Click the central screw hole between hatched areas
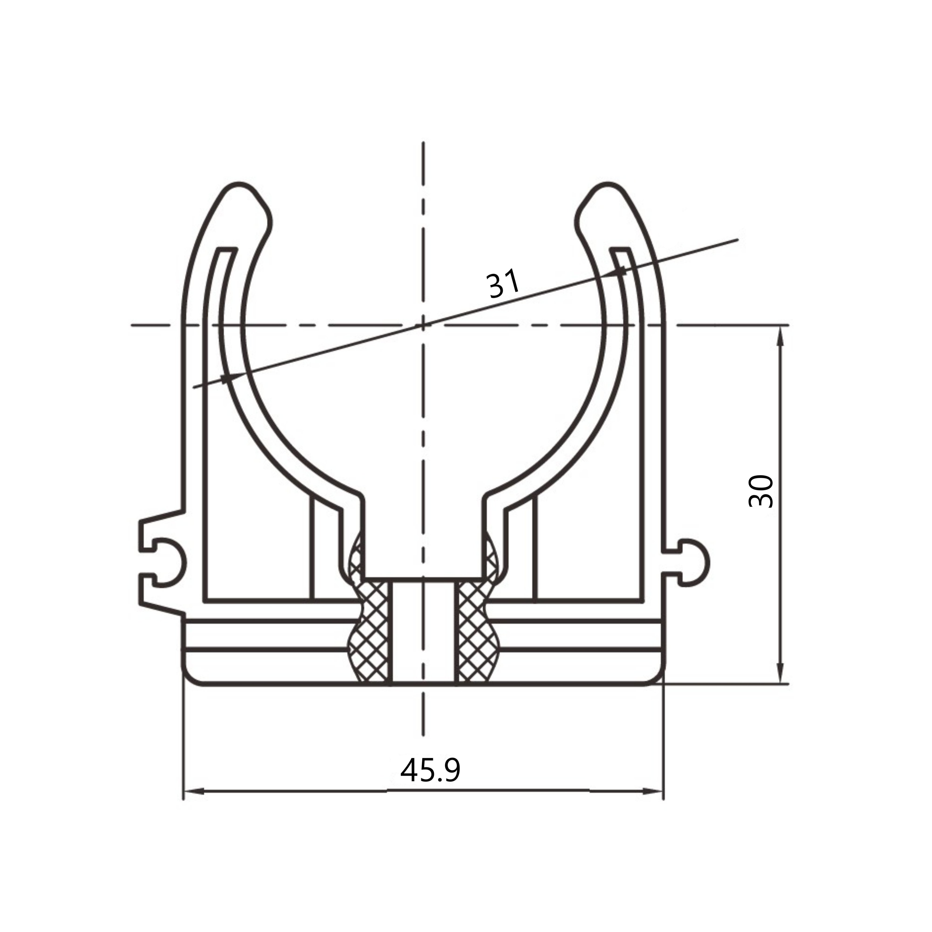click(423, 632)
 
